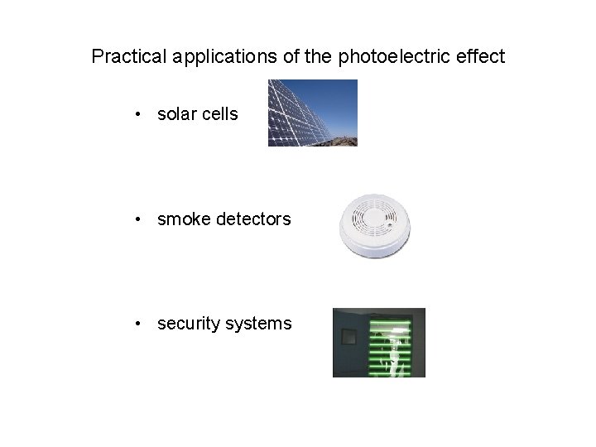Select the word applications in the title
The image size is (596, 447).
[212, 56]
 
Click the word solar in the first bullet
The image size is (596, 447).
[176, 114]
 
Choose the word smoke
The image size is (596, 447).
[181, 219]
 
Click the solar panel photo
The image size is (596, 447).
[312, 113]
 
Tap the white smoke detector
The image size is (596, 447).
[374, 222]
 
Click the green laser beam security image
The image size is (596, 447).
[378, 343]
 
